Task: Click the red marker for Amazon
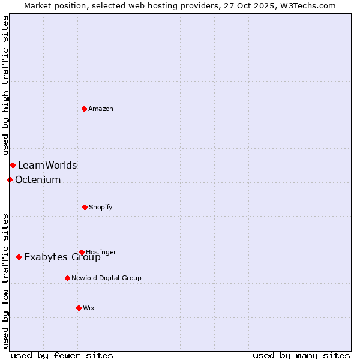[x=85, y=109]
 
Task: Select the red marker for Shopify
[x=85, y=207]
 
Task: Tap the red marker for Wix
[x=79, y=308]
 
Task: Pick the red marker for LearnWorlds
[x=13, y=165]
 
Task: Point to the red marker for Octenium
[x=10, y=179]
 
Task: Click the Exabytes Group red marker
[x=19, y=257]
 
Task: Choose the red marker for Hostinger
[x=82, y=252]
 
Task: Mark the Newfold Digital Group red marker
[x=67, y=278]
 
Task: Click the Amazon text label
[x=101, y=109]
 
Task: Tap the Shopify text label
[x=101, y=207]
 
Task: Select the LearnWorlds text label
[x=47, y=165]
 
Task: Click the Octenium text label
[x=38, y=179]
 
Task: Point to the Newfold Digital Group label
[x=106, y=278]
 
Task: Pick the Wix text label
[x=89, y=308]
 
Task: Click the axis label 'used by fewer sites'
[x=62, y=355]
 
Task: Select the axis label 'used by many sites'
[x=301, y=355]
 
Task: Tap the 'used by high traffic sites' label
[x=5, y=85]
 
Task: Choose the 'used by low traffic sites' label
[x=5, y=281]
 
